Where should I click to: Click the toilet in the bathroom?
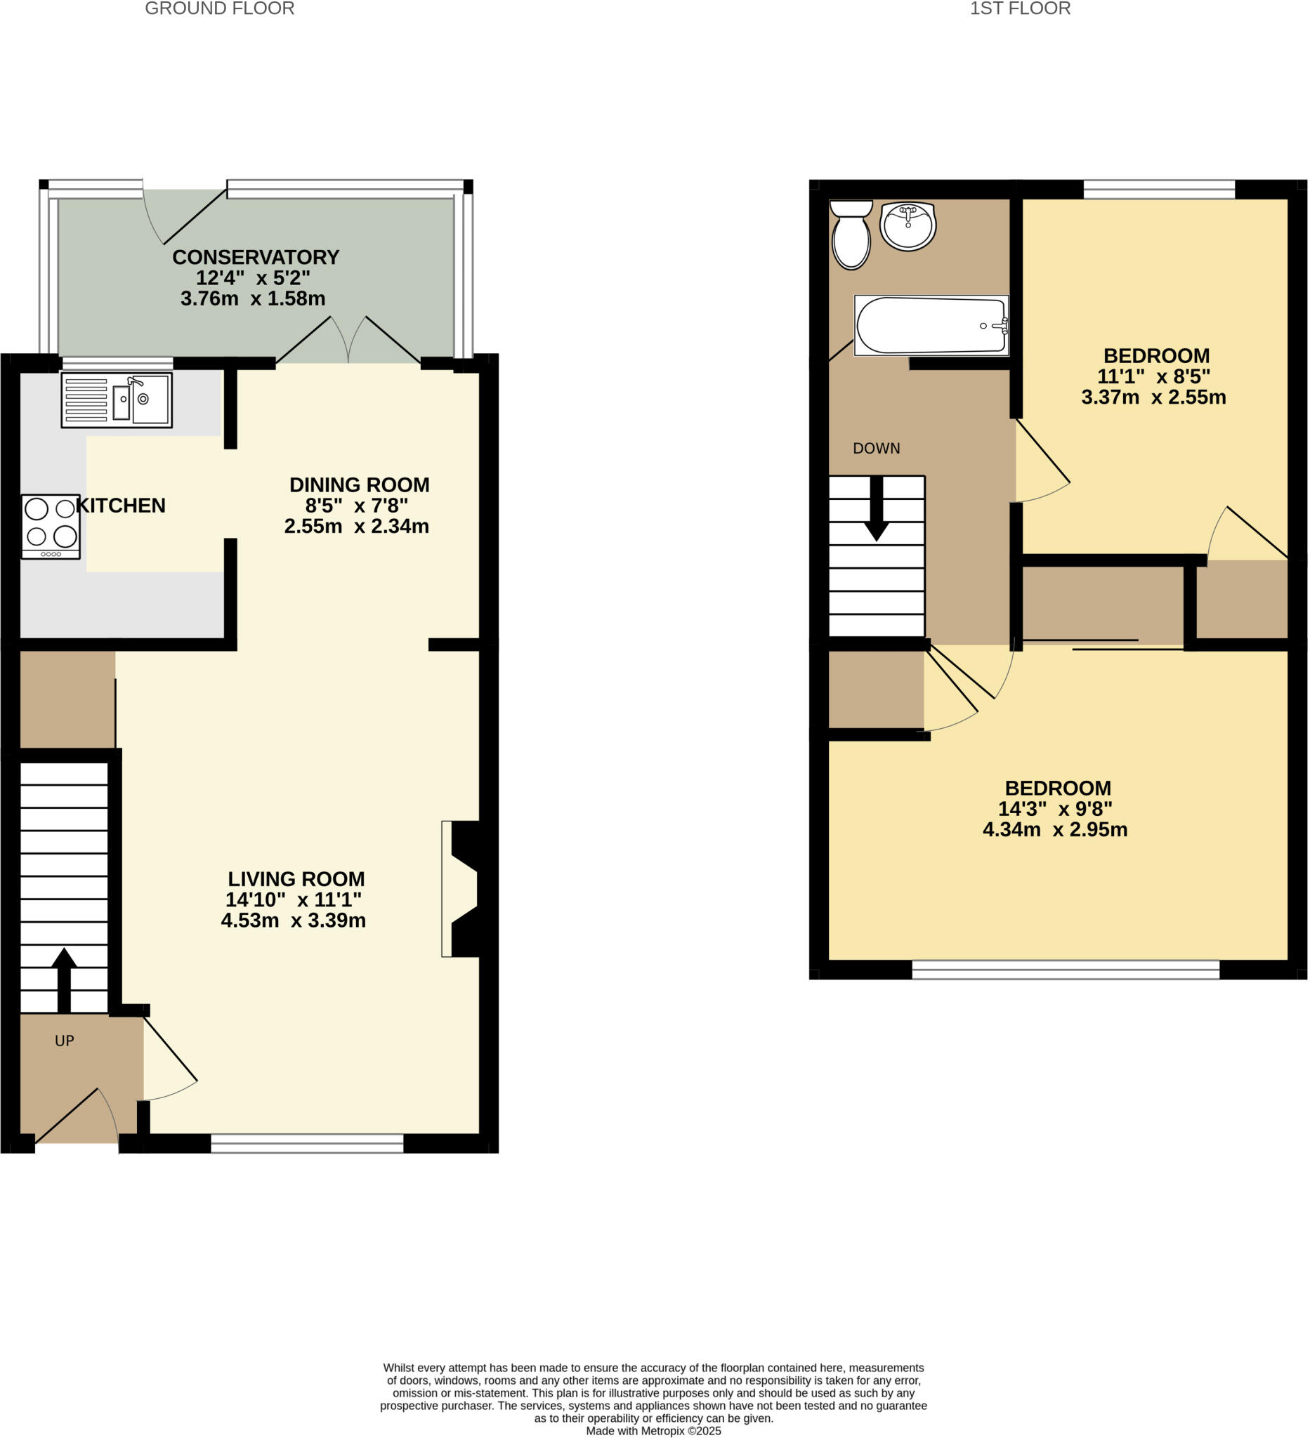click(851, 235)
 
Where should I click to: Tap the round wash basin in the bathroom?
click(908, 225)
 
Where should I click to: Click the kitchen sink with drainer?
click(117, 400)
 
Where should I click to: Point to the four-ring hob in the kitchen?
click(51, 527)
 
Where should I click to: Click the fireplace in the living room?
click(461, 889)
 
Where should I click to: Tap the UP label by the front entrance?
click(64, 1041)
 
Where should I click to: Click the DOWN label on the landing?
click(876, 449)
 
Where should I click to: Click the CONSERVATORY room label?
click(256, 258)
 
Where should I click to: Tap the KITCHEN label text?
click(121, 506)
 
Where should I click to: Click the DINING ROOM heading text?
click(359, 485)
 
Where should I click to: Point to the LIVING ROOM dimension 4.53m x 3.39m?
click(293, 921)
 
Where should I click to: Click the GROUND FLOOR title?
click(219, 9)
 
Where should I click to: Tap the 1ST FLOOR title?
click(1020, 9)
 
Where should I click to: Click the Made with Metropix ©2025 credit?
click(653, 1431)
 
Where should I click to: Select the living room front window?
click(307, 1143)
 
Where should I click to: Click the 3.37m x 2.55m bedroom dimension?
click(1153, 397)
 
